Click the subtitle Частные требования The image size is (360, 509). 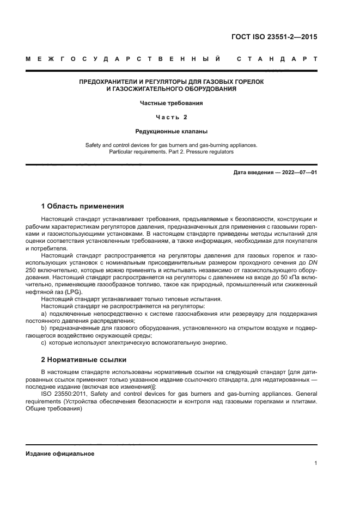coord(171,102)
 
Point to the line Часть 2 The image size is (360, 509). coord(171,116)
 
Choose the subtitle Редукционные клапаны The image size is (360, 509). coord(171,131)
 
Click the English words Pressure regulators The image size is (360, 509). coord(211,152)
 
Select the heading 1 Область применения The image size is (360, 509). coord(82,206)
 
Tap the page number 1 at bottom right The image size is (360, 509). coord(315,463)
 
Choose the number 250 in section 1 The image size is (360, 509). coord(32,269)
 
